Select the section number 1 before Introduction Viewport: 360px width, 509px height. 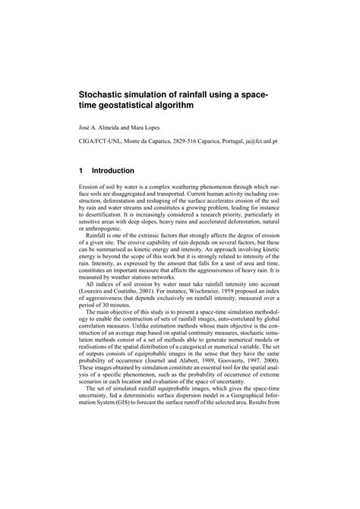point(82,172)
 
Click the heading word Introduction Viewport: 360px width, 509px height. point(113,172)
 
